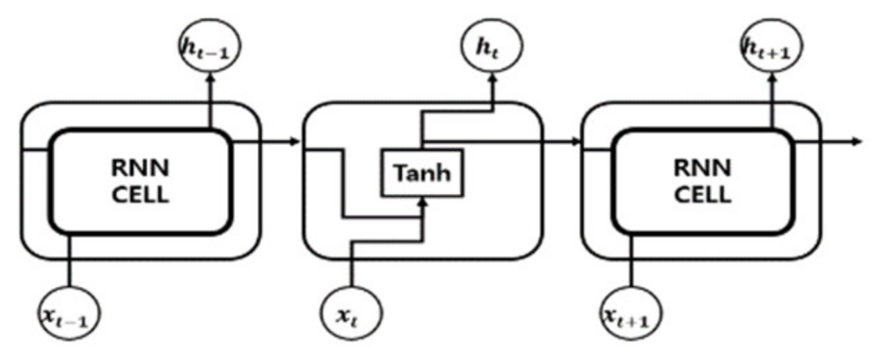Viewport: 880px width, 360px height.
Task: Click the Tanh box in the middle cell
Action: pos(422,172)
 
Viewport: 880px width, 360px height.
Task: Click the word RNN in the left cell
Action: pos(139,169)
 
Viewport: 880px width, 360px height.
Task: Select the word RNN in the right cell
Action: pos(702,169)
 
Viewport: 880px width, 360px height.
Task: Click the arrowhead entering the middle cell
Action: pos(295,142)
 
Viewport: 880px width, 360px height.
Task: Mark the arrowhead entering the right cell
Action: pos(575,142)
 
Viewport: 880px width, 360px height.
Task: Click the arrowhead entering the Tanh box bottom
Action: pos(422,200)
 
